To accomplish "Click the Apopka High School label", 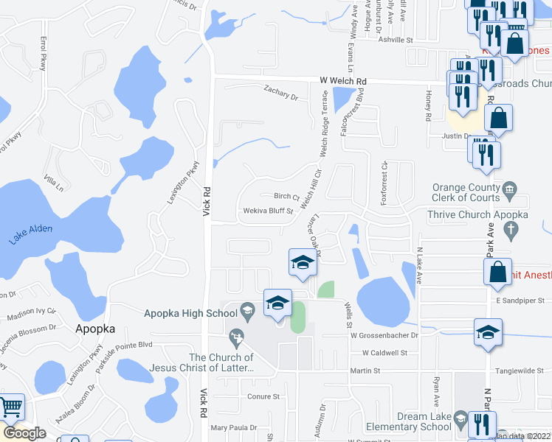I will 191,313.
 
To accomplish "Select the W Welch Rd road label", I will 343,80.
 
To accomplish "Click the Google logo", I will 24,433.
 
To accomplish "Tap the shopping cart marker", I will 10,408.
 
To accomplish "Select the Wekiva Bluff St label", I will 269,211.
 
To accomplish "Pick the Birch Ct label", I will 286,196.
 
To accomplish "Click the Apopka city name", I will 95,329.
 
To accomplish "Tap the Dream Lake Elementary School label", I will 413,421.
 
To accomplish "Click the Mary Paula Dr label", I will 233,427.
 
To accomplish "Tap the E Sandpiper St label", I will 520,301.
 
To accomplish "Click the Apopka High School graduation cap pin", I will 277,304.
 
